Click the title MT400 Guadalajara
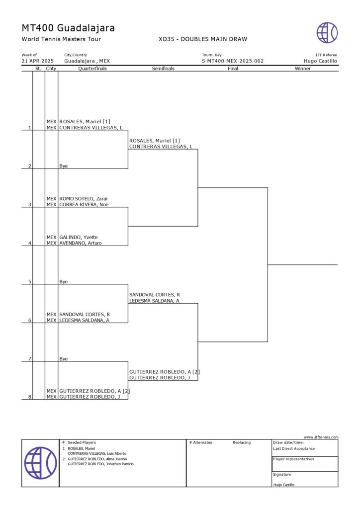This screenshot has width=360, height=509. (x=68, y=28)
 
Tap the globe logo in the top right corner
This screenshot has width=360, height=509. (x=327, y=32)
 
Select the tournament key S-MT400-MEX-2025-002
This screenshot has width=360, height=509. (x=232, y=61)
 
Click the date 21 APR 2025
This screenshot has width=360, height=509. (x=37, y=61)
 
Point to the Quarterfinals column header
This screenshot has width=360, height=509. (x=92, y=69)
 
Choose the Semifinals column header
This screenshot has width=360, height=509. (x=163, y=69)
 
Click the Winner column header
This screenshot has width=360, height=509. (x=302, y=69)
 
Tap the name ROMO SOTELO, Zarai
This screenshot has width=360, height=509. (x=84, y=199)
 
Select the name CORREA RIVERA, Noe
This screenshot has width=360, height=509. (x=84, y=204)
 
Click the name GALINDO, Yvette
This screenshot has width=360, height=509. (x=79, y=237)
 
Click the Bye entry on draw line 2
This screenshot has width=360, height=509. (x=64, y=166)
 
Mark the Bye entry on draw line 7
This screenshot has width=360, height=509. (x=64, y=358)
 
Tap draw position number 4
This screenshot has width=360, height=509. (x=30, y=243)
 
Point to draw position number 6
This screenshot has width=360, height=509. (x=30, y=320)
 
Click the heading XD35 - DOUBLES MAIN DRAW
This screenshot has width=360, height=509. (x=202, y=39)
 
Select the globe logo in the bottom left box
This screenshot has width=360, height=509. (x=40, y=463)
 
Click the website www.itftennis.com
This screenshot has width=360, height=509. (x=321, y=437)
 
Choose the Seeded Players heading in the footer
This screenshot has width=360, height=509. (x=82, y=442)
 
